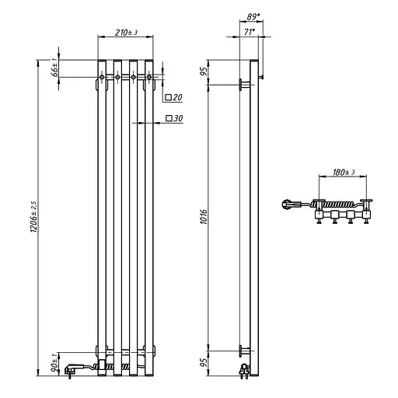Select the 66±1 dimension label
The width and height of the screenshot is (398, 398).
pos(54,68)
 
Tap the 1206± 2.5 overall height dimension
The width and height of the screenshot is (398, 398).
pos(33,220)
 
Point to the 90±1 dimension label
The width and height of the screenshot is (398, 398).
pos(54,362)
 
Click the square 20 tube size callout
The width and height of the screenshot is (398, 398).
pos(173,98)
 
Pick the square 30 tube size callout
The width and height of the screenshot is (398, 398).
pos(173,119)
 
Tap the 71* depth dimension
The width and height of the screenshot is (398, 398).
pos(249,33)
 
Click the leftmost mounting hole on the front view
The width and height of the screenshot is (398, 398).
pos(102,77)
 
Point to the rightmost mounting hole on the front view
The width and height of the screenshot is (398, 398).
pos(149,77)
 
